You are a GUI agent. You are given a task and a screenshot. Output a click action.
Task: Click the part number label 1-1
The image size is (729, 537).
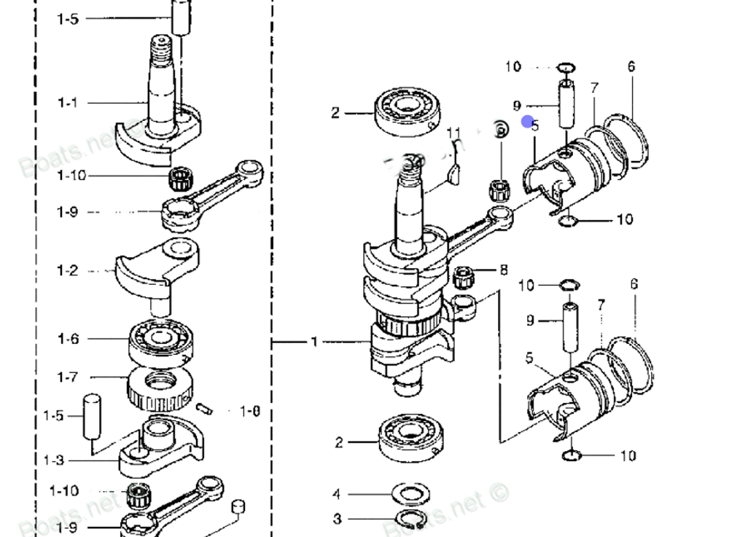[67, 103]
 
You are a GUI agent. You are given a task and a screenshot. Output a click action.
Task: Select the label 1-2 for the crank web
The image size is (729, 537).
[67, 271]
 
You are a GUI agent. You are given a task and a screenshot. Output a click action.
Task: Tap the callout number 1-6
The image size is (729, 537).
[68, 339]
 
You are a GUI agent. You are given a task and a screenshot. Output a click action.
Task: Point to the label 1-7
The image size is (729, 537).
[68, 377]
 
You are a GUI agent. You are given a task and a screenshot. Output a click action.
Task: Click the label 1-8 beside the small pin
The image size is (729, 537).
[250, 412]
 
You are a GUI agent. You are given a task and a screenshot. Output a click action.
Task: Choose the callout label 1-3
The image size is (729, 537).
[53, 460]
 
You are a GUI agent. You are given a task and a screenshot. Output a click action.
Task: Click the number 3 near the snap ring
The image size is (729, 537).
[337, 519]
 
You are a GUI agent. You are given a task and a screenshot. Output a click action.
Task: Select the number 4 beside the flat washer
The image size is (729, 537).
[337, 495]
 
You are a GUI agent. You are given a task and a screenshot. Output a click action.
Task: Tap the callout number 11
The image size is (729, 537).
[454, 133]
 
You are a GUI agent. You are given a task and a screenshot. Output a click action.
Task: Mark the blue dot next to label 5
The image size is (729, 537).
[526, 122]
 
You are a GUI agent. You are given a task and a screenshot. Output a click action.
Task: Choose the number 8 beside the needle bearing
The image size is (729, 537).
[503, 270]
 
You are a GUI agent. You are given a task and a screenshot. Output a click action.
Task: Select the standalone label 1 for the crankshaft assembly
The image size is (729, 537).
[314, 342]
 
